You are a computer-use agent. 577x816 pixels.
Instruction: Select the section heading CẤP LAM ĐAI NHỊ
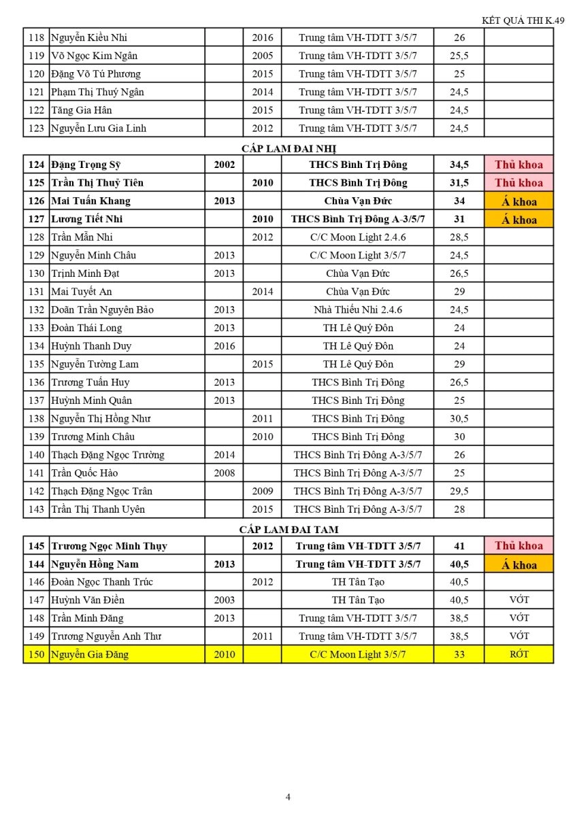pyautogui.click(x=288, y=147)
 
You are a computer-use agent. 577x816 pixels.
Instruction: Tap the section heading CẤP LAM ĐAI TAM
pyautogui.click(x=288, y=528)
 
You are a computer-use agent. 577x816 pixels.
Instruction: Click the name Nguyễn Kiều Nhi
pyautogui.click(x=89, y=38)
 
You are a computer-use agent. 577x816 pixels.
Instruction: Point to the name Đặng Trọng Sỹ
pyautogui.click(x=86, y=165)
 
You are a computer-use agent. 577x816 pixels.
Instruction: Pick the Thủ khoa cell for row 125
pyautogui.click(x=518, y=183)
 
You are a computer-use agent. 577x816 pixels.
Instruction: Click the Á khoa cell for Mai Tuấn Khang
pyautogui.click(x=518, y=201)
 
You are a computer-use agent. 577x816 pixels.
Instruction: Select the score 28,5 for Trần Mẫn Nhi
pyautogui.click(x=459, y=237)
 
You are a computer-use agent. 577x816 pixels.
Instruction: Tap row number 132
pyautogui.click(x=36, y=310)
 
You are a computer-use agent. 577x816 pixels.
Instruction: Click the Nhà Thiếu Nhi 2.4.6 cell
pyautogui.click(x=358, y=310)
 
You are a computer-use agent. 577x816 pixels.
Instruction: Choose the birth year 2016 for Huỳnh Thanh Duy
pyautogui.click(x=225, y=346)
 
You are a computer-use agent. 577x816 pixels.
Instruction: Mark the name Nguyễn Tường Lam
pyautogui.click(x=95, y=364)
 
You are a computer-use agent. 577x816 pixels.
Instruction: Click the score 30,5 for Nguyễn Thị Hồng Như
pyautogui.click(x=459, y=419)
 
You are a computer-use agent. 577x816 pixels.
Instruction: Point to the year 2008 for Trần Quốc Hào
pyautogui.click(x=225, y=473)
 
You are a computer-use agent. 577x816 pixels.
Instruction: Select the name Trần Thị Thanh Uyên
pyautogui.click(x=98, y=509)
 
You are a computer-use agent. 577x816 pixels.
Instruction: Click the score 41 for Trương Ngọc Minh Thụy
pyautogui.click(x=459, y=546)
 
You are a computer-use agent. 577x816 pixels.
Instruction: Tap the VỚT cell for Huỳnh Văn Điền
pyautogui.click(x=518, y=600)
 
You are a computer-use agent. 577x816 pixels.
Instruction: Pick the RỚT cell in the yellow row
pyautogui.click(x=518, y=654)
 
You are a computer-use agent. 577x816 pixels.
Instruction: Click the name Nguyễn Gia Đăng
pyautogui.click(x=90, y=655)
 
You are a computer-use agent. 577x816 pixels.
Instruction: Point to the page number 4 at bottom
pyautogui.click(x=288, y=797)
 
